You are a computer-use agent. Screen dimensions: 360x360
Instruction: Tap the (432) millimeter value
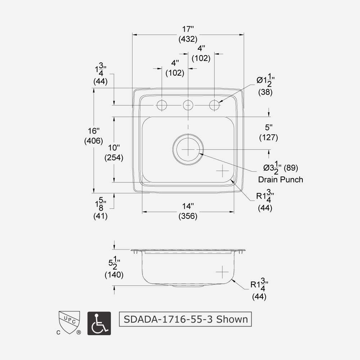coord(188,40)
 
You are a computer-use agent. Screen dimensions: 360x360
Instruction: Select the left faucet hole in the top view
coord(162,105)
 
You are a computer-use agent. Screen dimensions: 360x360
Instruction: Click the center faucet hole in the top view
coord(188,105)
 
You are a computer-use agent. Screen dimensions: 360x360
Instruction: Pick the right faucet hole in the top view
coord(215,105)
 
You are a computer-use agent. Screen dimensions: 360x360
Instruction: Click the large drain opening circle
coord(188,149)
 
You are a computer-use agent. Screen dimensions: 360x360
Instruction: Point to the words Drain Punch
coord(280,179)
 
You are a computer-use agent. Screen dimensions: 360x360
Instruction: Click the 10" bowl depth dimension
coord(114,148)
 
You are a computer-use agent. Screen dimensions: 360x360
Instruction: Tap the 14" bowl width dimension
coord(188,206)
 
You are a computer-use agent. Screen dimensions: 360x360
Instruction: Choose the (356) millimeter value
coord(188,216)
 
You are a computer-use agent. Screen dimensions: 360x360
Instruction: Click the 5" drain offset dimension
coord(269,127)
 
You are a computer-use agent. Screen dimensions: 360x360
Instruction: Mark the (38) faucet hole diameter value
coord(265,92)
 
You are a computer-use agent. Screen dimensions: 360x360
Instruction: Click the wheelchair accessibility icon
coord(99,323)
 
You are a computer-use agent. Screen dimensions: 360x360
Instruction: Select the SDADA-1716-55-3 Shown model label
coord(185,319)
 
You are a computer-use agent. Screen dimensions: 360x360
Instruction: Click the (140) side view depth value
coord(114,275)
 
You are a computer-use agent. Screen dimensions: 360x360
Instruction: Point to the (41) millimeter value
coord(101,216)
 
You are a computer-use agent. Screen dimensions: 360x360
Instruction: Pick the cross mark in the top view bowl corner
coord(223,171)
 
